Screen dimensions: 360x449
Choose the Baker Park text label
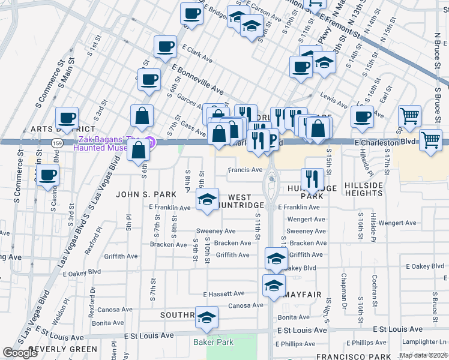211,343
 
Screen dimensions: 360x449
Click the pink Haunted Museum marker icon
151,142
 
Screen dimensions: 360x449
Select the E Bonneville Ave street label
199,80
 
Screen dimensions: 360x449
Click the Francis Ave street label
245,170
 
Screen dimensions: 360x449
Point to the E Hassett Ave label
224,294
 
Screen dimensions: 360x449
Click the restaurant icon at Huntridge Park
312,178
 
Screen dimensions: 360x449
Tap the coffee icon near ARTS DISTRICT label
67,118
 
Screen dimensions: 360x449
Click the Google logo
20,353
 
